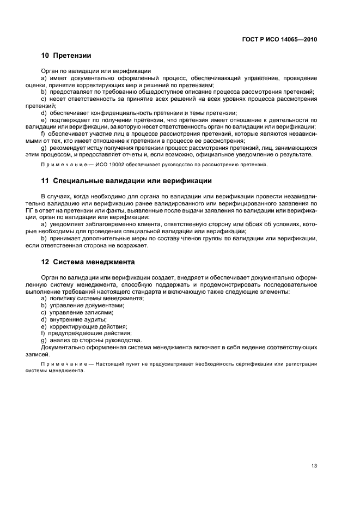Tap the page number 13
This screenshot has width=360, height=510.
(x=314, y=450)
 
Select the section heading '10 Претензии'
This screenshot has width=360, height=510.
(x=66, y=56)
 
